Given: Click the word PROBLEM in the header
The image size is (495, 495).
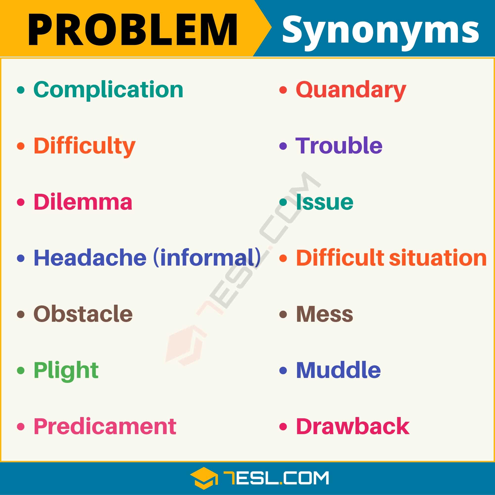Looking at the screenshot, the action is point(133,30).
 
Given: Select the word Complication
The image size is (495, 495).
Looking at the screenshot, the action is point(108,90).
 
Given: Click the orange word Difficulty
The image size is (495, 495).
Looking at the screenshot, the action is point(85,146).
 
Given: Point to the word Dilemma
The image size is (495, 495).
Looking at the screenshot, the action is point(83,202).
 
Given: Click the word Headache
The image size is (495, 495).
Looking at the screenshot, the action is point(90,258).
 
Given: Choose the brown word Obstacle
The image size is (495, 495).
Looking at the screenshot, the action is point(83,314).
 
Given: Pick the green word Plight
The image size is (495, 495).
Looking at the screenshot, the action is point(66,371).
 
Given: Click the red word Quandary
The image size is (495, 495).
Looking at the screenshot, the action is point(351,90).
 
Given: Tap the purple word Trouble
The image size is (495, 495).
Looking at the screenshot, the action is point(339,146).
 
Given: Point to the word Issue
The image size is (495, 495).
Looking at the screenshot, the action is point(325,202).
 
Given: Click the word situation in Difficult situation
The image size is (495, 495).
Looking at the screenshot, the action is point(438,258).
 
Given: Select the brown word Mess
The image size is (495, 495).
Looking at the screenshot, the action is point(325,314).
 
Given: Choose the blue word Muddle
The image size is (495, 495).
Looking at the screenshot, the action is point(338,370).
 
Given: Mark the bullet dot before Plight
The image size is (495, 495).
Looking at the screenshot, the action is point(21,370).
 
